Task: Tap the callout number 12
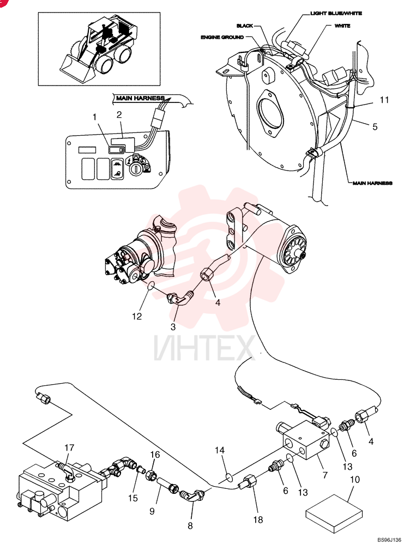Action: [x=137, y=316]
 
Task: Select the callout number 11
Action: [x=384, y=100]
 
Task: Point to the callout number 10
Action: [x=355, y=480]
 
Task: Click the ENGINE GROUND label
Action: [x=222, y=37]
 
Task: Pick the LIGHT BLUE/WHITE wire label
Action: [x=336, y=13]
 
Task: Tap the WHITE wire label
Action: [x=342, y=26]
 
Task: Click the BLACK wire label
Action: [x=245, y=26]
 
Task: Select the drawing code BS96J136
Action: [x=389, y=540]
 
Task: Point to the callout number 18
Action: [x=258, y=519]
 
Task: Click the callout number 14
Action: [x=220, y=451]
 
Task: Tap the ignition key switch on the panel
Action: [x=135, y=170]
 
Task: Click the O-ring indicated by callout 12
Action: [x=150, y=287]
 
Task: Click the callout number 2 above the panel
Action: [x=119, y=115]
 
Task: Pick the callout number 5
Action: [x=375, y=126]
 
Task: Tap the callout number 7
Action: [x=325, y=475]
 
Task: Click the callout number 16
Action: [x=155, y=455]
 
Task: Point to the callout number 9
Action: [x=152, y=511]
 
